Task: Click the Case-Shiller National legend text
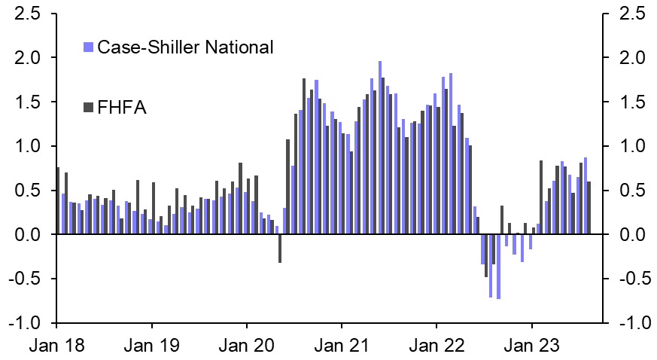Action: (x=184, y=47)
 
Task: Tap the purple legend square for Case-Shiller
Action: (x=87, y=47)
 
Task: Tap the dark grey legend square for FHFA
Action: (x=87, y=108)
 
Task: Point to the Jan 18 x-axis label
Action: (x=56, y=347)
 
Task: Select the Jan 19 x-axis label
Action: (x=151, y=347)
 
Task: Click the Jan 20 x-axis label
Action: (x=247, y=347)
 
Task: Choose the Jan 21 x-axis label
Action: (x=342, y=347)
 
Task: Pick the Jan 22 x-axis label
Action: (x=436, y=347)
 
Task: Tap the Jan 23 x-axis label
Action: (x=532, y=347)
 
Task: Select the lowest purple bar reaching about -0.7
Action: (x=498, y=267)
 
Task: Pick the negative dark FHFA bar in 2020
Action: (x=279, y=249)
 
